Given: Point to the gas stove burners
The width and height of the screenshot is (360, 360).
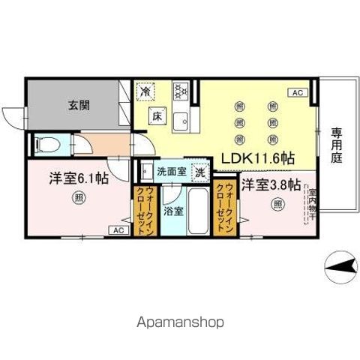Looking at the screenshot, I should point(180,92).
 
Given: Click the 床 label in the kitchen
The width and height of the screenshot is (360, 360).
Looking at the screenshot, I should point(157,117).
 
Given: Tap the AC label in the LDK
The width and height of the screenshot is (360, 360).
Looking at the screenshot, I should point(296,92).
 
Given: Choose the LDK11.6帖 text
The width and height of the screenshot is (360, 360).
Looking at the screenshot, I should point(256,159).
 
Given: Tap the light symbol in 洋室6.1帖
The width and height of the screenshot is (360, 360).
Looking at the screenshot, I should point(78,199).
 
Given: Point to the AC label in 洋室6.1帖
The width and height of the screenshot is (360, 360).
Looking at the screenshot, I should point(118,230).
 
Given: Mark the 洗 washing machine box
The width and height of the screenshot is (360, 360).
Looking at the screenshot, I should point(200,172).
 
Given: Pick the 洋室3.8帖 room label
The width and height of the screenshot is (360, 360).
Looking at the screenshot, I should point(271,184).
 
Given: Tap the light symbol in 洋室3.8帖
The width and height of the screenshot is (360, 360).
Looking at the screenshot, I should point(277,203).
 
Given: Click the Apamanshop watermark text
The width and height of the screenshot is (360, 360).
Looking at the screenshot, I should point(180,323).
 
